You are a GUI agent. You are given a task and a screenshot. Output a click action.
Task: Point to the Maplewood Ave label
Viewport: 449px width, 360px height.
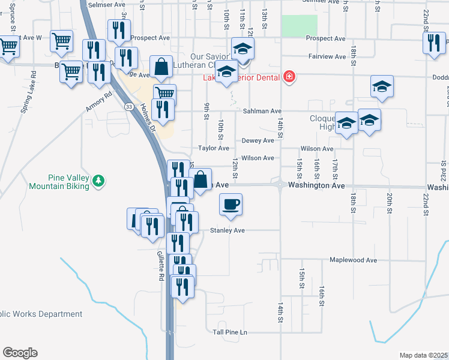[x=353, y=260]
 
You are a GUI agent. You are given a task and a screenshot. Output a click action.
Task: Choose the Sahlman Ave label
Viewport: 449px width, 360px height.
[x=262, y=112]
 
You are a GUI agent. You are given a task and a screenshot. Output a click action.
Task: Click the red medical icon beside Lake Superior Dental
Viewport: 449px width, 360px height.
[x=289, y=76]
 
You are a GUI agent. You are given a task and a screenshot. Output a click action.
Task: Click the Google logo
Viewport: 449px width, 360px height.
[x=20, y=353]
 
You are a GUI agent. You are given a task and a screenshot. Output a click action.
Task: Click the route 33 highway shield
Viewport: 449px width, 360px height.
[x=129, y=106]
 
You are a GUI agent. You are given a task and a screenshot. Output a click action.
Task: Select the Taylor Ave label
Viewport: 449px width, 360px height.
[x=214, y=148]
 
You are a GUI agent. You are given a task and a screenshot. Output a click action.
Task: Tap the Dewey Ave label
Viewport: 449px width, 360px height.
[x=258, y=140]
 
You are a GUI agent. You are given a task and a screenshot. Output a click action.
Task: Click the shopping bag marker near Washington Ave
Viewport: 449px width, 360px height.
[x=200, y=179]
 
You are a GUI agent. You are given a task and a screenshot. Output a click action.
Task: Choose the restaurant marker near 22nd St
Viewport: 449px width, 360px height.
[x=433, y=44]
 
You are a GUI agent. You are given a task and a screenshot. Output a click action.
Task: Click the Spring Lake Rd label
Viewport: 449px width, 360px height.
[x=34, y=97]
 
